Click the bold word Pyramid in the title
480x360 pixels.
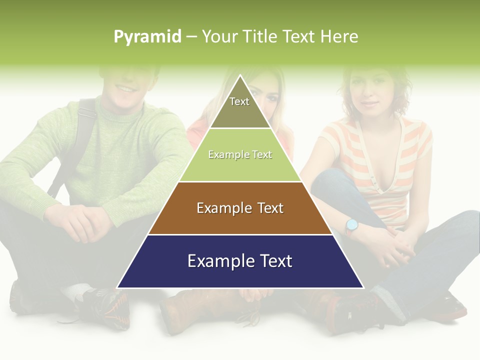(x=147, y=36)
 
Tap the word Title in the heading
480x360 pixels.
(x=262, y=36)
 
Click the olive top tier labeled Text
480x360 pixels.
(x=239, y=107)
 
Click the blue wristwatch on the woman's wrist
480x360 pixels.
(x=352, y=225)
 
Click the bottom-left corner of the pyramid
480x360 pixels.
(x=117, y=287)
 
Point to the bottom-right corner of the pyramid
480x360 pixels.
(x=363, y=287)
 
